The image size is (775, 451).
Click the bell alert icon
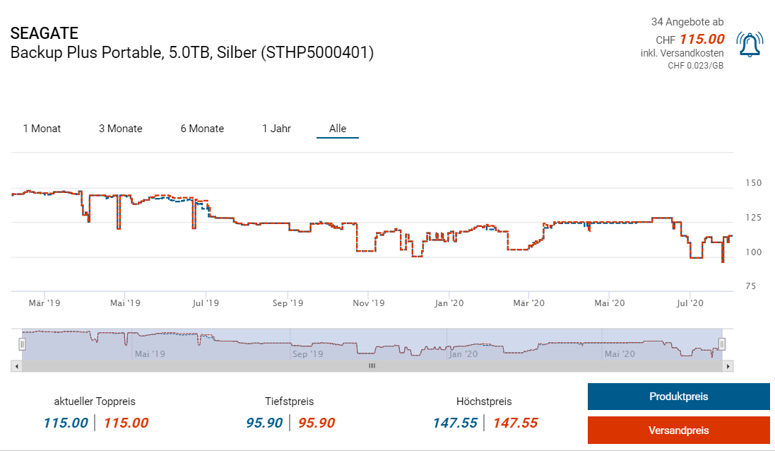(749, 45)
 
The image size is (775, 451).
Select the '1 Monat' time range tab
(42, 129)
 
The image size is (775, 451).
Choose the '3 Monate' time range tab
(120, 129)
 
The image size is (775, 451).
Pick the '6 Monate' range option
(202, 129)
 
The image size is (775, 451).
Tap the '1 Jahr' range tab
(276, 129)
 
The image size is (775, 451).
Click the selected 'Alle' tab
(338, 129)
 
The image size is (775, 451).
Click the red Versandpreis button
(678, 430)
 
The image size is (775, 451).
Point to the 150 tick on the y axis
(753, 183)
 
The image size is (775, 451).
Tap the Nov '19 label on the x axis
(369, 303)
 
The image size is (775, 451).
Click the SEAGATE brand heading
(45, 33)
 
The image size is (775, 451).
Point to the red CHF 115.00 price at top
(702, 39)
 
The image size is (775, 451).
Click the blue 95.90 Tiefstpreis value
(264, 423)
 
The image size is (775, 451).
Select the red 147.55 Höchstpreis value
(515, 423)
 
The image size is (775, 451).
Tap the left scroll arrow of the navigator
(15, 366)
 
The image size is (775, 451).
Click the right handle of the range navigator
(722, 344)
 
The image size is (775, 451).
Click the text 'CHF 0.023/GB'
(695, 66)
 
